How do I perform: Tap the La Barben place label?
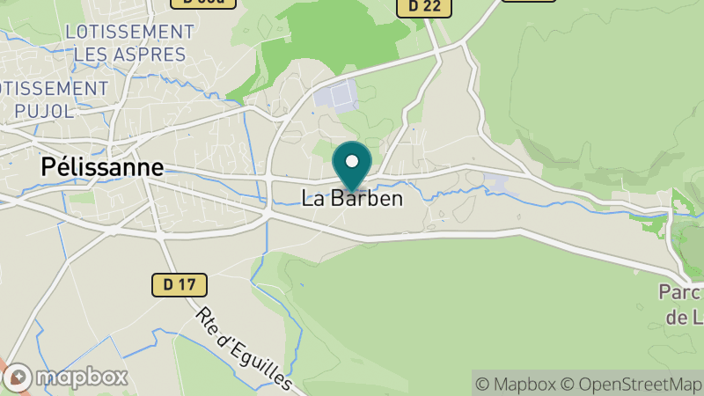click(352, 199)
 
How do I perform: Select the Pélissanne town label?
click(102, 167)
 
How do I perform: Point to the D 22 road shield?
click(424, 7)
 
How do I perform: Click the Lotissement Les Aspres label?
click(130, 42)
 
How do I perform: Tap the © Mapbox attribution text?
click(517, 384)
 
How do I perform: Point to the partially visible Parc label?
click(681, 304)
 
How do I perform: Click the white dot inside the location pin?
click(352, 161)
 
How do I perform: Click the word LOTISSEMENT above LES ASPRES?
click(130, 32)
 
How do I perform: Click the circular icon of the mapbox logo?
click(18, 378)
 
